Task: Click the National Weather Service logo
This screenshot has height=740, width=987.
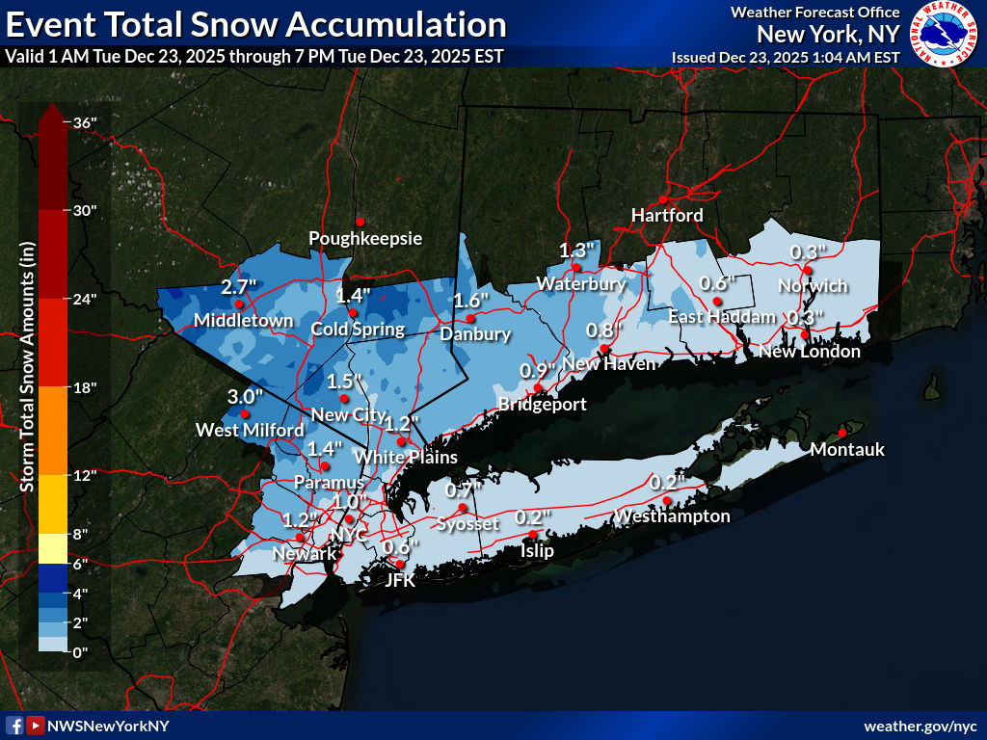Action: (945, 35)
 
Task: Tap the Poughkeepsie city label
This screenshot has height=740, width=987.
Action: (365, 238)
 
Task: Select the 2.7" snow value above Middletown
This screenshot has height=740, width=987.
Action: (237, 287)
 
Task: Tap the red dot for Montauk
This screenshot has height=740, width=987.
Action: (841, 433)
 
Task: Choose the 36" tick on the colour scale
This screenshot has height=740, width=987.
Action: (84, 122)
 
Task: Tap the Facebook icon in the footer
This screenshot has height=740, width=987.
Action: (14, 726)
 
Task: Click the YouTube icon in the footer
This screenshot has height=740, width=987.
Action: (35, 726)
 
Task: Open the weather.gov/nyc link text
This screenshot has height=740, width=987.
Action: (920, 726)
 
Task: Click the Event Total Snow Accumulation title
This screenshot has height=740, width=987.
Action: (255, 24)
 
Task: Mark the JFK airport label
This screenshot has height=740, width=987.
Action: (399, 580)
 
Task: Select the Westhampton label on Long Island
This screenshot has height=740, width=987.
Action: (672, 516)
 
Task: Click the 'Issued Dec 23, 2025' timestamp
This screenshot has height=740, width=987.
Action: (786, 57)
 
